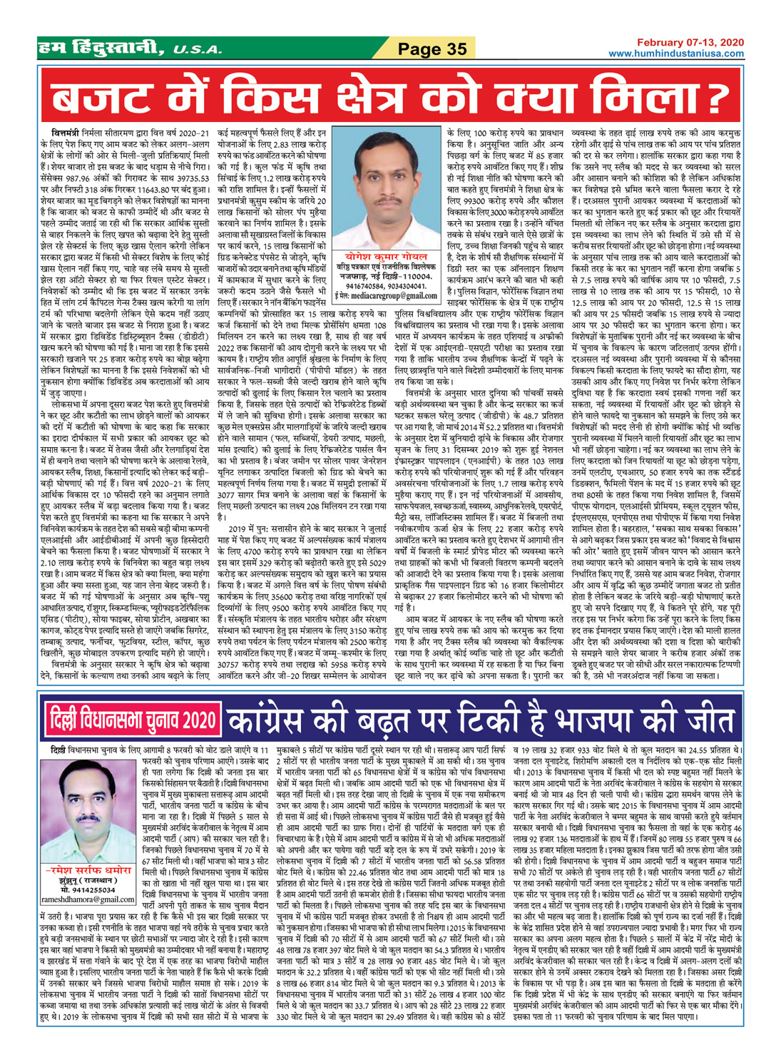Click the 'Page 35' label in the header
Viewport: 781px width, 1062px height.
(x=432, y=48)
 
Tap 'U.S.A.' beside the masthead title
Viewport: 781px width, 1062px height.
(x=186, y=50)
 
